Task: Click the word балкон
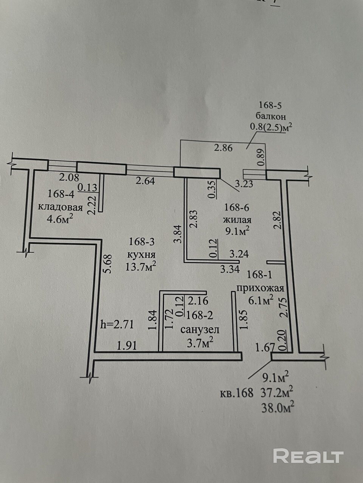tap(270, 116)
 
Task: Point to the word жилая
tap(237, 220)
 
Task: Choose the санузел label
tap(200, 329)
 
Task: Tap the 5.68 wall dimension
tap(108, 264)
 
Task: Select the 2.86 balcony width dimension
tap(223, 148)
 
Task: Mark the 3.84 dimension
tap(179, 234)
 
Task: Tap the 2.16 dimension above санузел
tap(198, 301)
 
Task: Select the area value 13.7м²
tap(141, 267)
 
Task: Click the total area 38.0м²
tap(278, 407)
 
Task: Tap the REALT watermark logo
tap(308, 456)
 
